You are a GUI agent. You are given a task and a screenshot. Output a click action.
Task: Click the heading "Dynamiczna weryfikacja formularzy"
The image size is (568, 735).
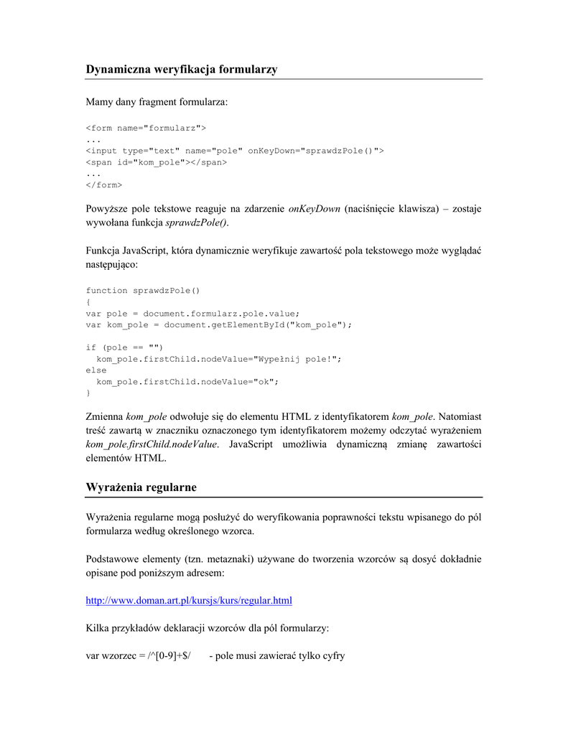click(182, 70)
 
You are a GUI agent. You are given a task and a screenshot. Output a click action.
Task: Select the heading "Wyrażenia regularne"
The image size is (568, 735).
click(141, 487)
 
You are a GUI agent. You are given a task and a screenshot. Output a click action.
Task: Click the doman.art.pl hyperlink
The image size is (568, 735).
click(189, 600)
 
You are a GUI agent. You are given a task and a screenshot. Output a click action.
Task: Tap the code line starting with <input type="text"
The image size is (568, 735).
click(235, 151)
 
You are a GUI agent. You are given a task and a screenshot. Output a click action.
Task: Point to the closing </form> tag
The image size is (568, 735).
click(104, 185)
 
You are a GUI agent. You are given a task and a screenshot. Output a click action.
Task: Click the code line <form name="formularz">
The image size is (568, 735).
click(146, 128)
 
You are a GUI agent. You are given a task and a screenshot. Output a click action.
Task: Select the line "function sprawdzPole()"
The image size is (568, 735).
click(143, 291)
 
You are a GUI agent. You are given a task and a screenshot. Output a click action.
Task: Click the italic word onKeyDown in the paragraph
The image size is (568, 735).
click(314, 209)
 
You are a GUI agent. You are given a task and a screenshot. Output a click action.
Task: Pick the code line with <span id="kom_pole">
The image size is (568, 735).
click(156, 162)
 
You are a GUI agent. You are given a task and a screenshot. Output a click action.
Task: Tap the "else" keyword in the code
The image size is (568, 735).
click(96, 370)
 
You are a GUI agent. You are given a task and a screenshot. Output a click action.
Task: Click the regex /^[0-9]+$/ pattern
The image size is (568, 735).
click(169, 655)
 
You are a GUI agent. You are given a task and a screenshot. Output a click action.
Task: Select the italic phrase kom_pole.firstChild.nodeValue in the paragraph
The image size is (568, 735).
click(152, 444)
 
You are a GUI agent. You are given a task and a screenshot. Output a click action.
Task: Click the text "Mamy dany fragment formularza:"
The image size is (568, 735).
click(157, 103)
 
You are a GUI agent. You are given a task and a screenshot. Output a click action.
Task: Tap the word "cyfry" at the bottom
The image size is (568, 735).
click(332, 655)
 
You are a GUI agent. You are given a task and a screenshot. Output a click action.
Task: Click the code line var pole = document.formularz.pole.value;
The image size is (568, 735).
click(192, 314)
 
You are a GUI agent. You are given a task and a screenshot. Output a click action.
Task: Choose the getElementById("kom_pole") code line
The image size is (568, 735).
click(219, 324)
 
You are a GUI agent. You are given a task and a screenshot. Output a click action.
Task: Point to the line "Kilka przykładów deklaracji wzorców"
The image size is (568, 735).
click(208, 628)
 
